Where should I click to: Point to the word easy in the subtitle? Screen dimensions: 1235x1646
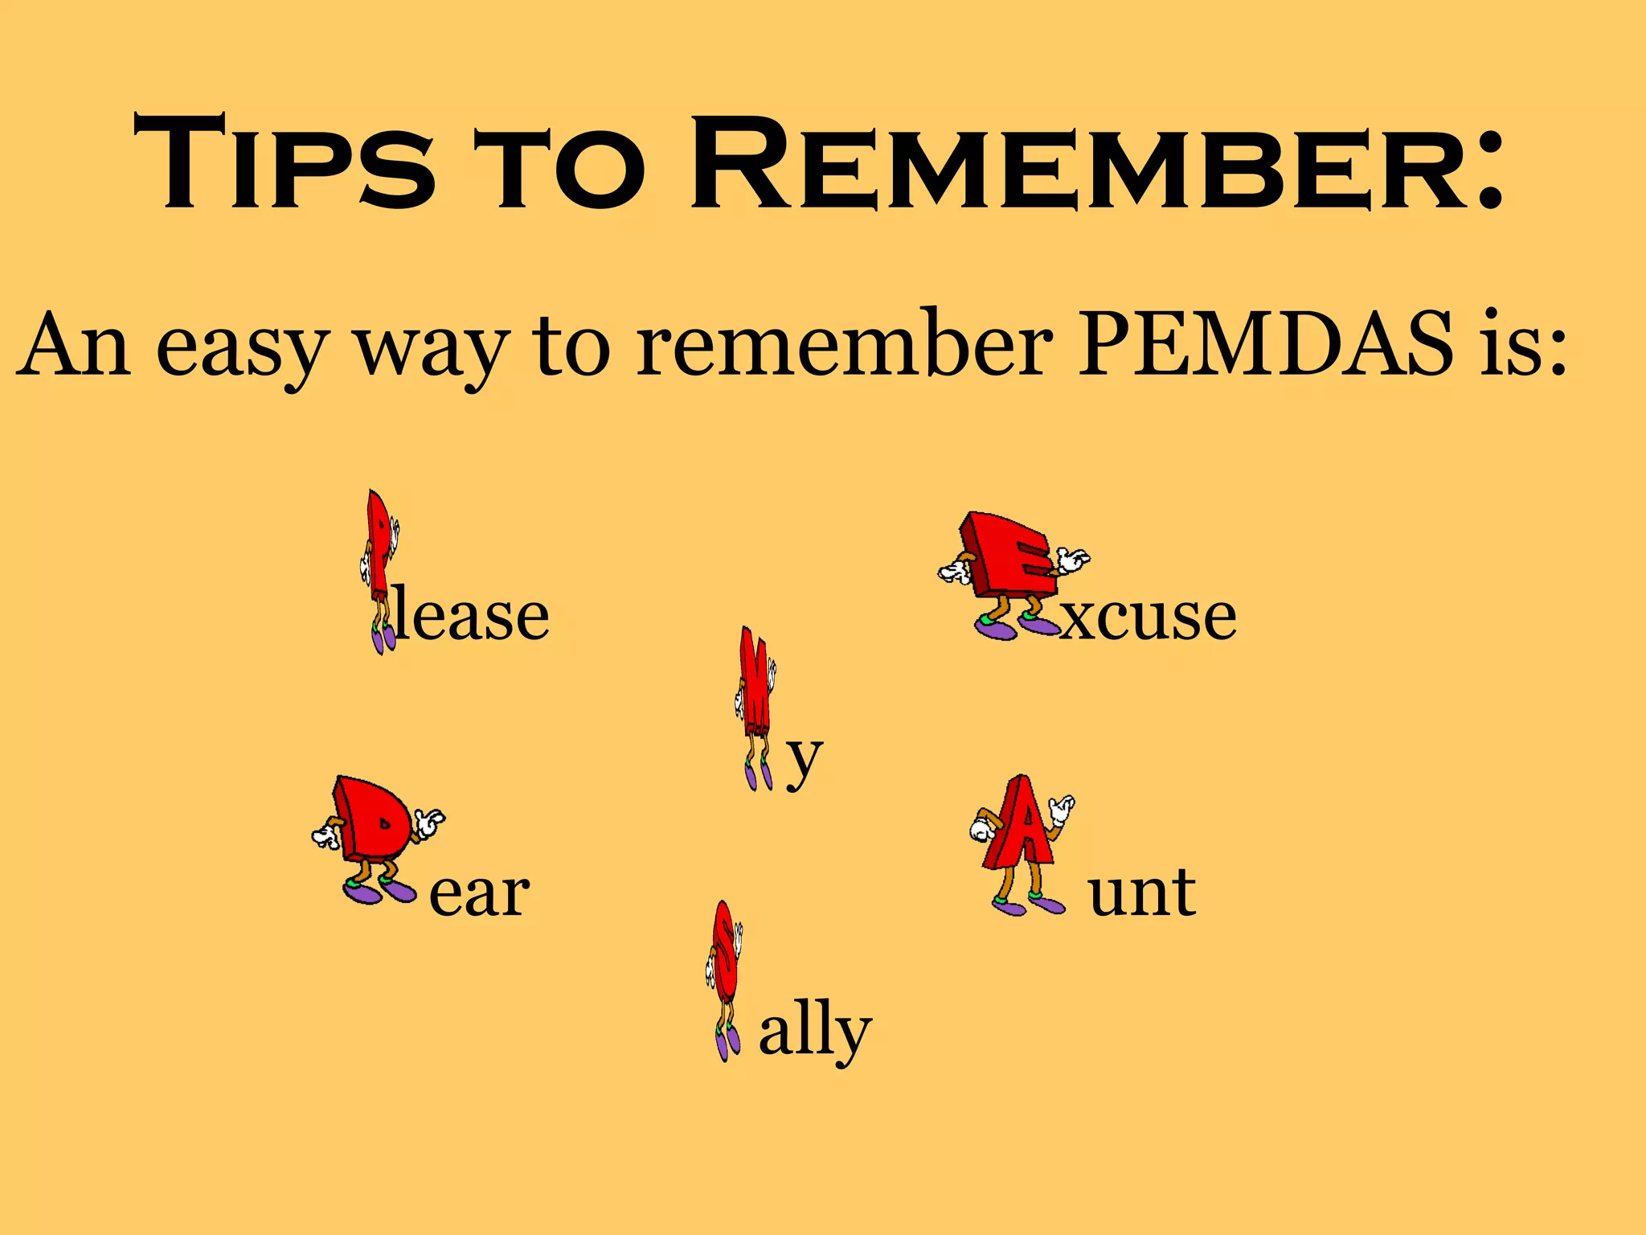[x=242, y=350]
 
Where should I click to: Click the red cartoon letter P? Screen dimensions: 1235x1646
[x=378, y=547]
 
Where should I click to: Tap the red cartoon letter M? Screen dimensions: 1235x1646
[x=755, y=683]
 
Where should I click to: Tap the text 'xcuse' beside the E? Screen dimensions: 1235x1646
[x=1148, y=617]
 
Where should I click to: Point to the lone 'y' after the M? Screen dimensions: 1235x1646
[x=804, y=760]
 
